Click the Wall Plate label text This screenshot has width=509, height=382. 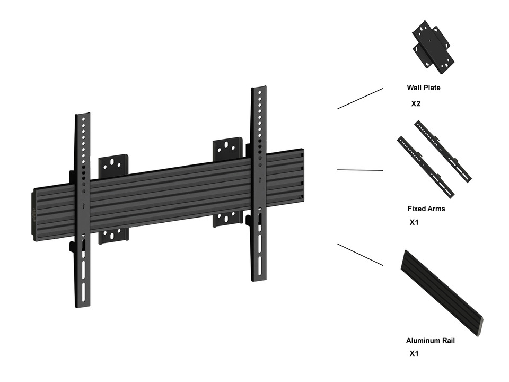[423, 88]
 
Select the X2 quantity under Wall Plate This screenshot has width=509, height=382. [416, 103]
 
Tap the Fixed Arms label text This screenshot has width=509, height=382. [426, 209]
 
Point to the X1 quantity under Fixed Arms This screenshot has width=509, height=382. [414, 222]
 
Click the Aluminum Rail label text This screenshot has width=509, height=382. [430, 341]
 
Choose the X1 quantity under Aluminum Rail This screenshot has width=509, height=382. [414, 353]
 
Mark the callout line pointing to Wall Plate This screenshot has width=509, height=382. [360, 99]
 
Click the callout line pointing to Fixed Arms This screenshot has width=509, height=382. [360, 170]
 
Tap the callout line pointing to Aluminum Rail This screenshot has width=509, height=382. [360, 255]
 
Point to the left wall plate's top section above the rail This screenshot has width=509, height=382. [113, 165]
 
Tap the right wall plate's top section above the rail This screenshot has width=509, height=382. [227, 149]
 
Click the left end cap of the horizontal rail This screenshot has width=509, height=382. [36, 215]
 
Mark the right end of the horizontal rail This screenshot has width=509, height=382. [303, 175]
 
